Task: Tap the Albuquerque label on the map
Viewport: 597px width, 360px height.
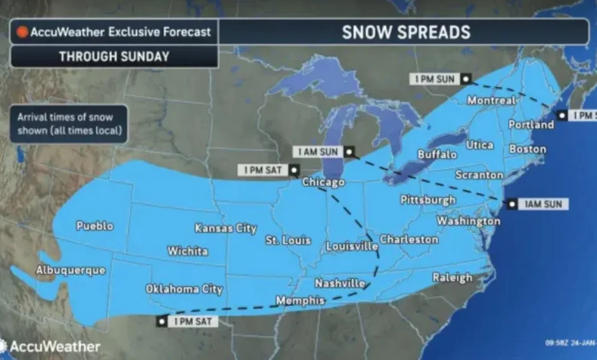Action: [x=67, y=270]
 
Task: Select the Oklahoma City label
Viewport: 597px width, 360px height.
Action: [x=184, y=290]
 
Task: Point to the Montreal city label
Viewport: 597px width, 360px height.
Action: [x=491, y=101]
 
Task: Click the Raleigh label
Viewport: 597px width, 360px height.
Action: [x=452, y=278]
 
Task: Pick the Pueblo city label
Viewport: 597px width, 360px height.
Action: [x=95, y=226]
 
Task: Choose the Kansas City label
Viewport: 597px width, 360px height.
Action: [x=225, y=228]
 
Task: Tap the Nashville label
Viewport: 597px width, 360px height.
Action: [x=340, y=283]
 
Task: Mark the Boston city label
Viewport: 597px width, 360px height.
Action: [x=527, y=149]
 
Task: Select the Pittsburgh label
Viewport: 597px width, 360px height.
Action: [x=428, y=200]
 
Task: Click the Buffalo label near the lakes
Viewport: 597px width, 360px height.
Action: [x=437, y=155]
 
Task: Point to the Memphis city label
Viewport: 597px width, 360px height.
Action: [x=300, y=300]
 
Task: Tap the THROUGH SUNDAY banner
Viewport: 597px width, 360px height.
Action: [x=113, y=56]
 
